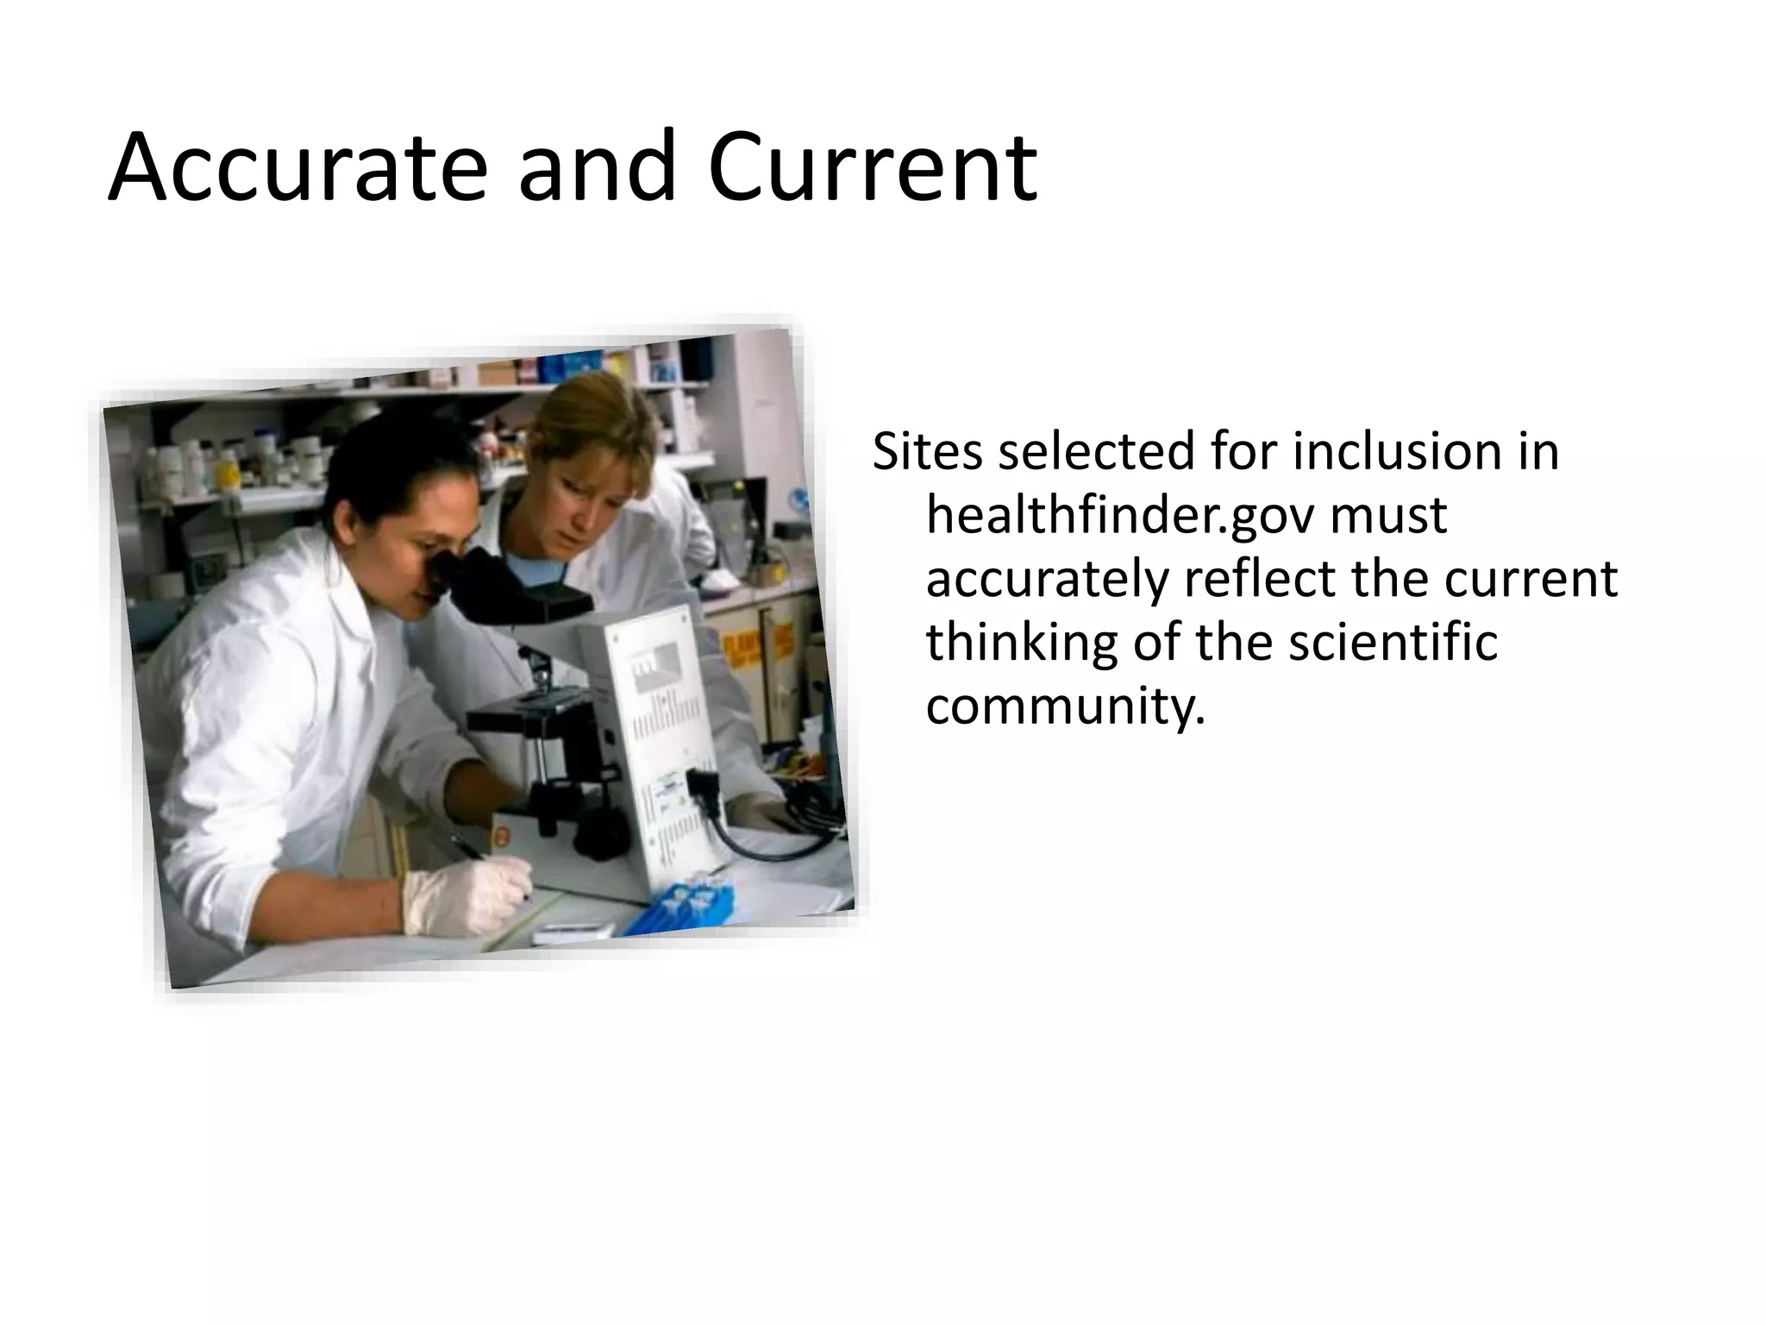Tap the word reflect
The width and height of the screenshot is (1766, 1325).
[x=1258, y=579]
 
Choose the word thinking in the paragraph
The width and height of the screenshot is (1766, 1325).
[x=1021, y=643]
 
